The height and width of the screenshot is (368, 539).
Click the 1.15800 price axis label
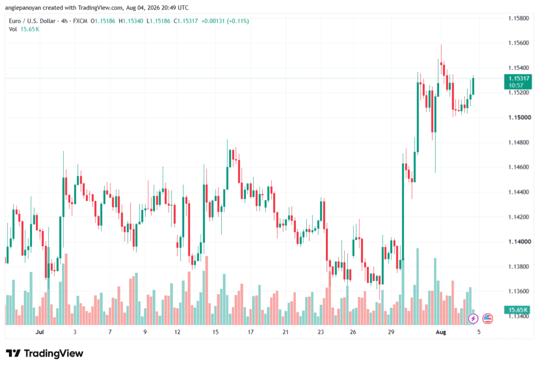[x=518, y=18]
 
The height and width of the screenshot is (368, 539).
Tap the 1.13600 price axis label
[x=518, y=291]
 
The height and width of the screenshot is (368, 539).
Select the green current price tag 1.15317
[x=518, y=82]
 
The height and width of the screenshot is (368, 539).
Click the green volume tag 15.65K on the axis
[x=518, y=310]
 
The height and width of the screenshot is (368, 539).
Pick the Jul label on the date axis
[x=40, y=332]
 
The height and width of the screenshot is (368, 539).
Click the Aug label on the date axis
[x=441, y=332]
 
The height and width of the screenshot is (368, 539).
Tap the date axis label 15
[x=215, y=332]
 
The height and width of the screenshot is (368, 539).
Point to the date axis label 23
[x=321, y=332]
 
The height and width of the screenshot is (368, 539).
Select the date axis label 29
[x=391, y=332]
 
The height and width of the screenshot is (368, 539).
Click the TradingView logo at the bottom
[x=45, y=353]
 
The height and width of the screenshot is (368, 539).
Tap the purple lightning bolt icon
[x=473, y=319]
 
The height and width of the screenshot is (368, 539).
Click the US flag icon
[x=487, y=319]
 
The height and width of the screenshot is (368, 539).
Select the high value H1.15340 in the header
[x=131, y=21]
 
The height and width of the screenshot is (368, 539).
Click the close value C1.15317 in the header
[x=186, y=21]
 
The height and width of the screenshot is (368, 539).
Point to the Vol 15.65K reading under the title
[x=24, y=29]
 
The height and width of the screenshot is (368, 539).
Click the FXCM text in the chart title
[x=80, y=21]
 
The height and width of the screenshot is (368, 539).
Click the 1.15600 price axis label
[x=518, y=43]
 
